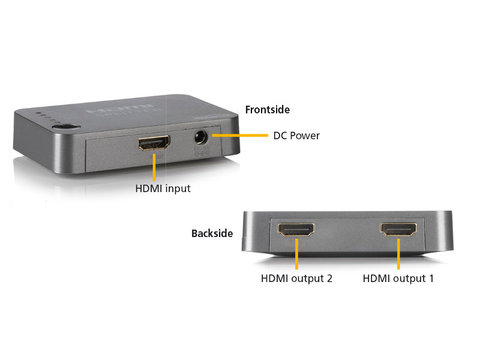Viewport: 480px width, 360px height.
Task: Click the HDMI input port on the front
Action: point(154,143)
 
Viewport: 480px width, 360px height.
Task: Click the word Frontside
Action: point(268,110)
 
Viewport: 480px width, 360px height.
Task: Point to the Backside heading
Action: point(212,233)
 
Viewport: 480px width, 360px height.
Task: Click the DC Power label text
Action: point(296,136)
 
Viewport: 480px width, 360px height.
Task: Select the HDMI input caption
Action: point(163,188)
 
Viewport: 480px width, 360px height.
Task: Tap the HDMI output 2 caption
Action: point(296,278)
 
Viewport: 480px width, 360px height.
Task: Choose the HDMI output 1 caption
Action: point(398,278)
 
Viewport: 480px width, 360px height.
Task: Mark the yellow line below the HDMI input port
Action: point(154,168)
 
